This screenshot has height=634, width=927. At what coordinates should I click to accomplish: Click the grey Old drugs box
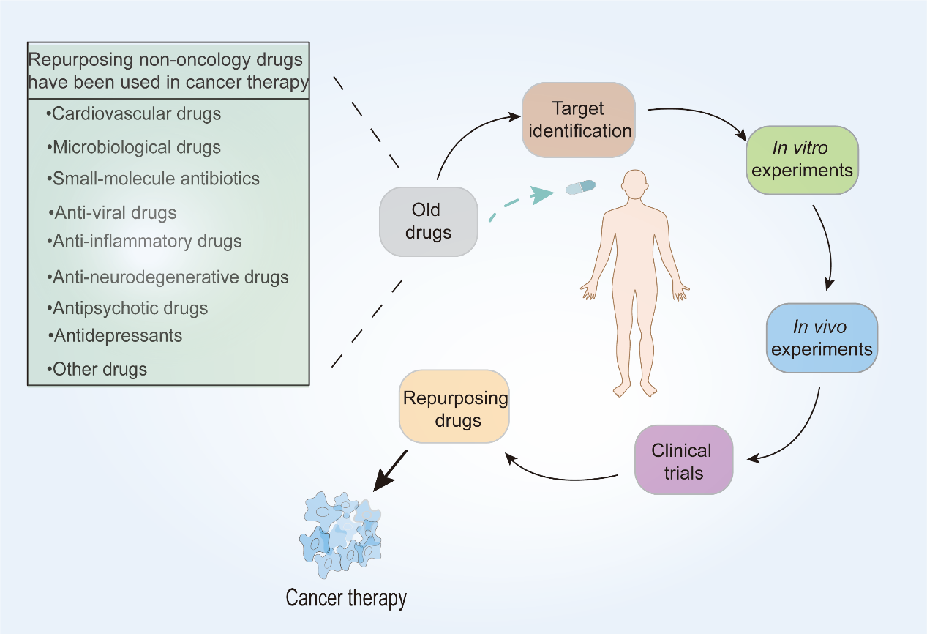tap(428, 221)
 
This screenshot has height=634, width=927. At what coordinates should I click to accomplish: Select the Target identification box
tap(578, 120)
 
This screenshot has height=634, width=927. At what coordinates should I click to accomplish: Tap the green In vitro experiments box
tap(801, 160)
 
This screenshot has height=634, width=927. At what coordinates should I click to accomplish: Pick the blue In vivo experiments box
tap(822, 338)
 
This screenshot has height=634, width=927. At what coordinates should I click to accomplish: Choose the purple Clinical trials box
tap(683, 460)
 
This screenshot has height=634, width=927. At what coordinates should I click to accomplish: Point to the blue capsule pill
tap(579, 187)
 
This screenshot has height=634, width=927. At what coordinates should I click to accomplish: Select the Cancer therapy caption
tap(346, 598)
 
